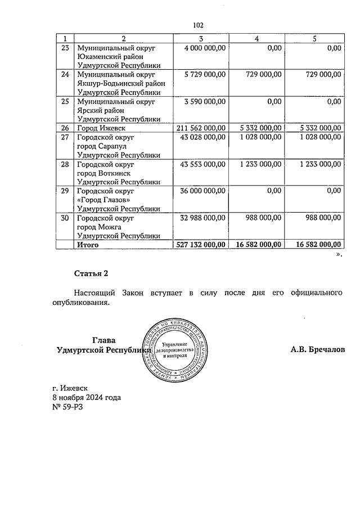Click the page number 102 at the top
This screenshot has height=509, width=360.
pyautogui.click(x=197, y=25)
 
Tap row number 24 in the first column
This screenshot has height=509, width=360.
pyautogui.click(x=65, y=74)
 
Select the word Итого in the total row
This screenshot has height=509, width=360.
pyautogui.click(x=88, y=245)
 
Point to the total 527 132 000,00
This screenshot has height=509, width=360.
pyautogui.click(x=201, y=245)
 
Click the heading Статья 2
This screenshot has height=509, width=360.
pyautogui.click(x=91, y=273)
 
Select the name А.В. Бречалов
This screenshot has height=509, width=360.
pyautogui.click(x=317, y=349)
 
